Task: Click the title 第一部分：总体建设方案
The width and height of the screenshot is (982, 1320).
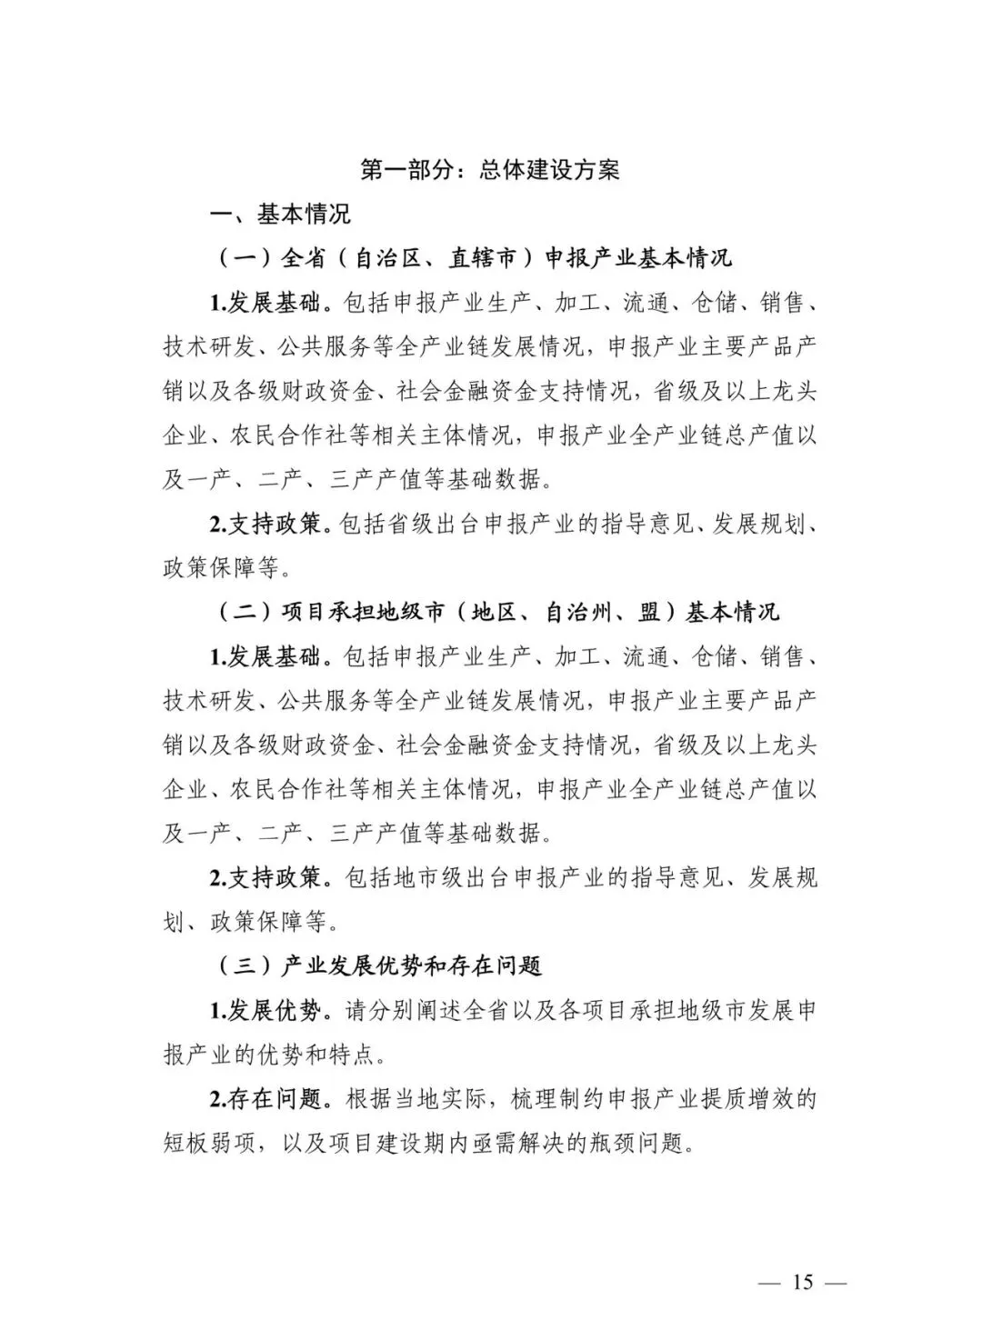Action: tap(490, 170)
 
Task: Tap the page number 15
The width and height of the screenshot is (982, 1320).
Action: tap(802, 1282)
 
